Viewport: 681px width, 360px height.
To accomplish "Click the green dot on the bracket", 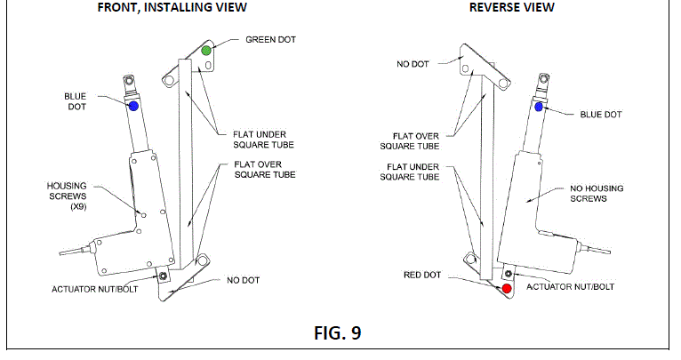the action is (x=206, y=51).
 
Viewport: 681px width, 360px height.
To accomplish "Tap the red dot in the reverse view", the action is (x=507, y=288).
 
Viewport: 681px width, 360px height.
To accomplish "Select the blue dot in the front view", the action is (x=133, y=106).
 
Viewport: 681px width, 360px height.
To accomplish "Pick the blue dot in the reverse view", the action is (x=539, y=107).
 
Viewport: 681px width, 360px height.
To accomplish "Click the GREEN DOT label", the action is (x=270, y=39).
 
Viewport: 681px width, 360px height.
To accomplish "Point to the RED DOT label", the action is (x=422, y=275).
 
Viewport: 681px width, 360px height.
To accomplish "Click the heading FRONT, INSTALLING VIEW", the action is (x=172, y=7).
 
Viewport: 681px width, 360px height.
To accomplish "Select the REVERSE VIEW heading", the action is (x=511, y=7).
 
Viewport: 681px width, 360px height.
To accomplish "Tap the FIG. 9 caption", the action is (x=338, y=333).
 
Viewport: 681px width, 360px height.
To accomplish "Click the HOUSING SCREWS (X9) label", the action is (x=67, y=196).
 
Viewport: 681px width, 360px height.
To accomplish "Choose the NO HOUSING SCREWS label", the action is (x=597, y=194).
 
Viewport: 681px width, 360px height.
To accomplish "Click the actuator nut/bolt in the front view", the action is (x=163, y=276).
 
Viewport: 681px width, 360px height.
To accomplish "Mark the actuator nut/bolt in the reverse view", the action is (x=509, y=274).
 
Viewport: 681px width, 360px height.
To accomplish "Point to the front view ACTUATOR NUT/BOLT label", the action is (x=94, y=289).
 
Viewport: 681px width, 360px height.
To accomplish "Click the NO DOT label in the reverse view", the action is (x=413, y=64).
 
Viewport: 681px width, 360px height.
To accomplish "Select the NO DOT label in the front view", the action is (x=244, y=281).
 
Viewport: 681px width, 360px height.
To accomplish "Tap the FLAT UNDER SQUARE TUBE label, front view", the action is (x=264, y=140).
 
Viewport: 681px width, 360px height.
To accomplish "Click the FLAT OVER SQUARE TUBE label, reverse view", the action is (x=410, y=141).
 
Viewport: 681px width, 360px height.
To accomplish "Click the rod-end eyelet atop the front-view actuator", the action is (x=129, y=80).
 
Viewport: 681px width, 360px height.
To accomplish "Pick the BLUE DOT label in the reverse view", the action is (x=601, y=115).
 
